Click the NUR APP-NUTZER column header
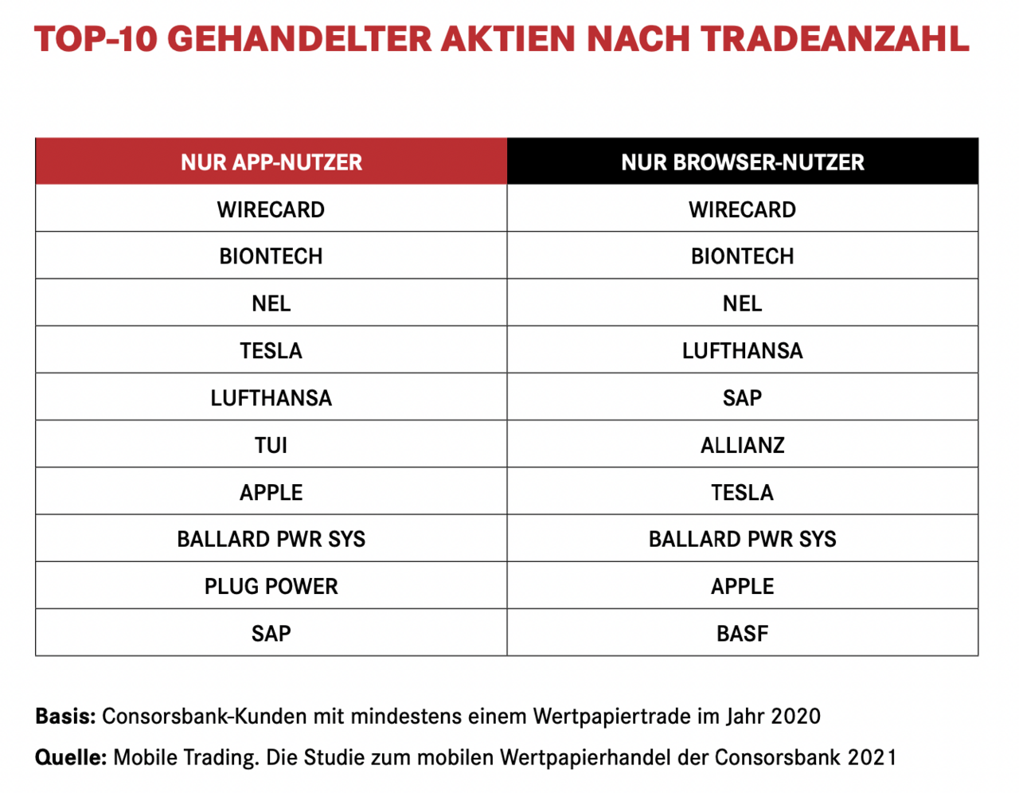pos(271,162)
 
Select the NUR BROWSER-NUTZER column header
pos(742,162)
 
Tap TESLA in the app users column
pos(271,351)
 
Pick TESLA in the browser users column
pos(742,493)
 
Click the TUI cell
pos(271,445)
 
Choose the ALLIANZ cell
pos(742,445)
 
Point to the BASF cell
pos(742,634)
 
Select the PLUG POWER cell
pos(271,587)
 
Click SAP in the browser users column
pos(742,398)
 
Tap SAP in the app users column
pos(271,634)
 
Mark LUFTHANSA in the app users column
pos(271,398)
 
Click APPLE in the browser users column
pos(742,587)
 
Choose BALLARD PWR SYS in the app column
pos(271,540)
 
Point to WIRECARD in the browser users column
pos(742,210)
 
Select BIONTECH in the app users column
pos(271,256)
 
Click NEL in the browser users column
pos(742,303)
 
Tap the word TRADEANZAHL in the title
pos(835,38)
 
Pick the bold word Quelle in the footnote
pos(70,757)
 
